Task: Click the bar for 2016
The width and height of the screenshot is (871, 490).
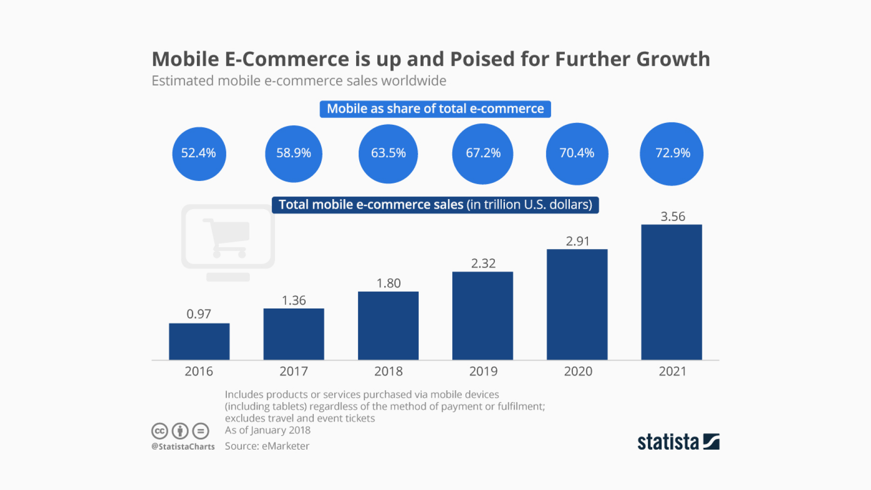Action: (199, 341)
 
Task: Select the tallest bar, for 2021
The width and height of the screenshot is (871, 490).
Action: (671, 292)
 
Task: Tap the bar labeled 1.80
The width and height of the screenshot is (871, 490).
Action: (388, 325)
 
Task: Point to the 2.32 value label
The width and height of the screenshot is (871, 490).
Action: (483, 263)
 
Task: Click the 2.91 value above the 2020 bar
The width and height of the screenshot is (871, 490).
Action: (577, 241)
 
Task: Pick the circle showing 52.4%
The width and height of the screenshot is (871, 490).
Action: (199, 153)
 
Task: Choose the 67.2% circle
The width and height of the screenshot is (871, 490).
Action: (483, 153)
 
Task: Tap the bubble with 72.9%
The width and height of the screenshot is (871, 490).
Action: (671, 153)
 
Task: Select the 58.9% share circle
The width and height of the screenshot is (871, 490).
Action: (294, 153)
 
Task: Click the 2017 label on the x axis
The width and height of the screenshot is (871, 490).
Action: (294, 371)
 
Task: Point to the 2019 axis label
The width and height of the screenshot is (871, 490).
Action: (483, 371)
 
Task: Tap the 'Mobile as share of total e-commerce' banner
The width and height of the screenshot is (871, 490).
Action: (435, 109)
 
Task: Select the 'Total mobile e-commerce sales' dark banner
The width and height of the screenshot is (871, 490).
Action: (435, 205)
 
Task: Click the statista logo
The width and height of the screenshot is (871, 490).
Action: (678, 442)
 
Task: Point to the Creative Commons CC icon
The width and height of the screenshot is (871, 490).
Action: (160, 431)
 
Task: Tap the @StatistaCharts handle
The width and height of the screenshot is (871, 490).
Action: (183, 446)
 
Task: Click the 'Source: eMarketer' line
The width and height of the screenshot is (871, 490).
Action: (267, 446)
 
